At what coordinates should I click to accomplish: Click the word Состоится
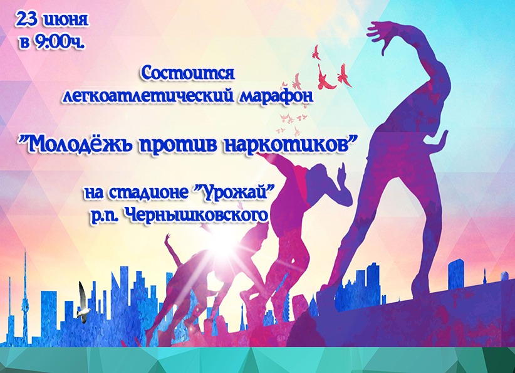[x=187, y=73]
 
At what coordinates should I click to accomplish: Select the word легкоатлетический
[x=149, y=96]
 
